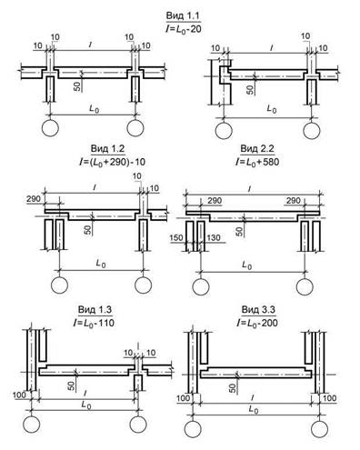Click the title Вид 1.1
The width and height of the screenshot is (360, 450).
click(184, 15)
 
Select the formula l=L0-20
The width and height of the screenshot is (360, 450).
click(184, 29)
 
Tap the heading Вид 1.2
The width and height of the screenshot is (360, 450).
click(108, 149)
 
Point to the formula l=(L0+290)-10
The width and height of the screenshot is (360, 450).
click(112, 162)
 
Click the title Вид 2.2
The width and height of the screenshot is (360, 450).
click(257, 148)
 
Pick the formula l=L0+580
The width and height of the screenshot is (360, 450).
click(257, 162)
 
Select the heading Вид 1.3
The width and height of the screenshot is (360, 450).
click(95, 309)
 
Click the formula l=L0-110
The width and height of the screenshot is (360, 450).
click(94, 323)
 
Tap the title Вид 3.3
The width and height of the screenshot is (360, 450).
click(258, 309)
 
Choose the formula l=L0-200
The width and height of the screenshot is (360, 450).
click(257, 323)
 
